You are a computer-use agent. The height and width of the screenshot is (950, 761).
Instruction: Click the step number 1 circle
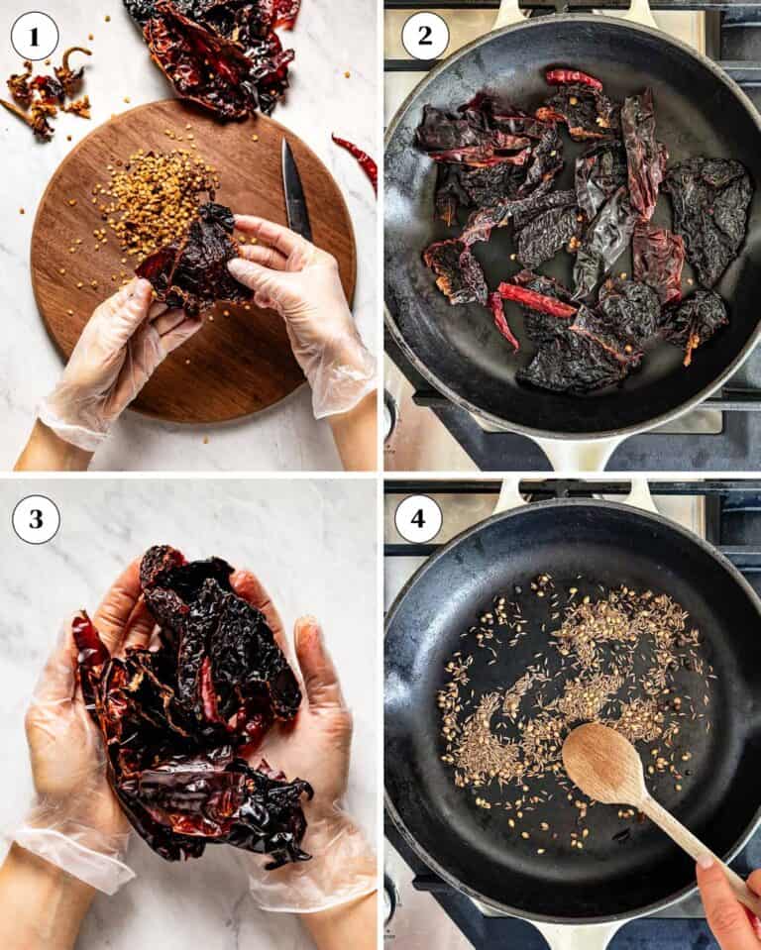click(x=35, y=37)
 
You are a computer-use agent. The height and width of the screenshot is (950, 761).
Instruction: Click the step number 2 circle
click(x=425, y=37)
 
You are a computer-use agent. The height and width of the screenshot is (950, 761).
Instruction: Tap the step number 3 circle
click(x=35, y=519)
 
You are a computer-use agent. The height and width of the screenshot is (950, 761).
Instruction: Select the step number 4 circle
click(x=418, y=519)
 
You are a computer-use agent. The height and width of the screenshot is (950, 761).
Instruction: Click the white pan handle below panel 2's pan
click(x=585, y=453)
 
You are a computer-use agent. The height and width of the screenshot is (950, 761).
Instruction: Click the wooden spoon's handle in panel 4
click(x=694, y=842)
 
